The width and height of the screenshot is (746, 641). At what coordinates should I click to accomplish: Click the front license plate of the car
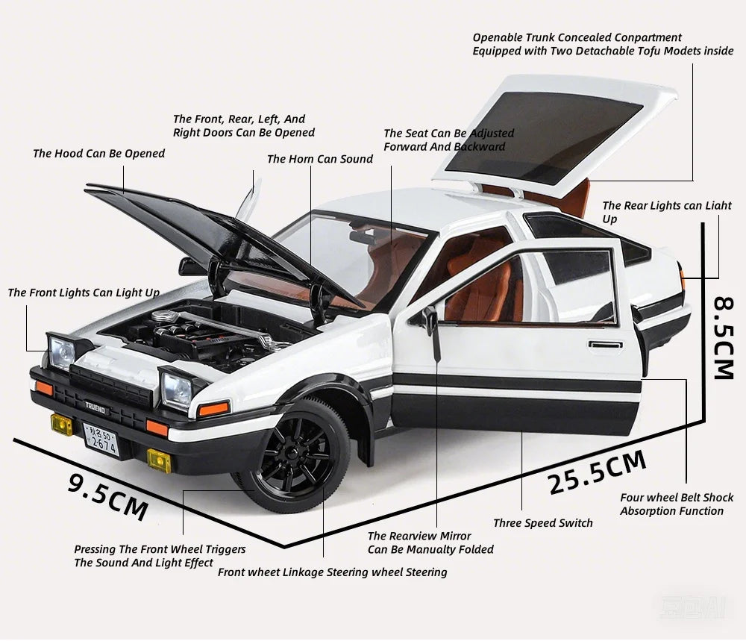[x=101, y=440]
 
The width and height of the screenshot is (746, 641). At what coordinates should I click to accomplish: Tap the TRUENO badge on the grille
[x=95, y=407]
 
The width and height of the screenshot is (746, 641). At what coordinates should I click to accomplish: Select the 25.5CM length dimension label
[x=598, y=472]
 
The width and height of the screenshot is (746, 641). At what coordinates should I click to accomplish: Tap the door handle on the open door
[x=605, y=345]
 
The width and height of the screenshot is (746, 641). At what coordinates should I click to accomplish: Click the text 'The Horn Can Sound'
[x=320, y=159]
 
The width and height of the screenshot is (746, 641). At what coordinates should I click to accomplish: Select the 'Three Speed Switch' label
[x=543, y=523]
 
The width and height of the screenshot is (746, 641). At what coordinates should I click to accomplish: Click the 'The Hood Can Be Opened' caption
[x=99, y=153]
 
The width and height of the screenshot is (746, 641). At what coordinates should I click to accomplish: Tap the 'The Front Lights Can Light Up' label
[x=84, y=293]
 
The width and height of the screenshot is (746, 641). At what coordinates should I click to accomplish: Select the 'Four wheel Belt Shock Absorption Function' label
[x=677, y=504]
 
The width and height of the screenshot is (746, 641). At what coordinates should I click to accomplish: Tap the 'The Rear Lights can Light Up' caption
[x=666, y=212]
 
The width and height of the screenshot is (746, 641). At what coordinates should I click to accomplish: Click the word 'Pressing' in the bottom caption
[x=95, y=549]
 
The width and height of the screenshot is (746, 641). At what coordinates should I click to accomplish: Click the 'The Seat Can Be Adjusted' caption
[x=448, y=134]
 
